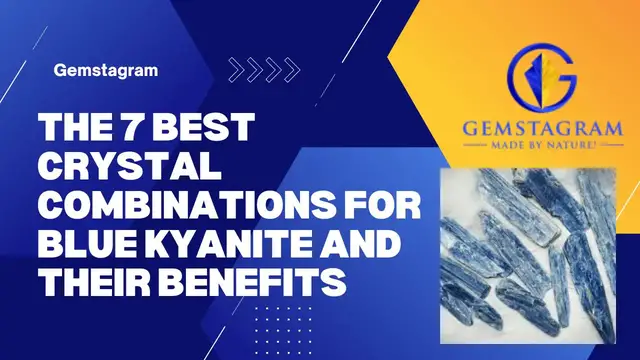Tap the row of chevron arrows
(264, 69)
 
